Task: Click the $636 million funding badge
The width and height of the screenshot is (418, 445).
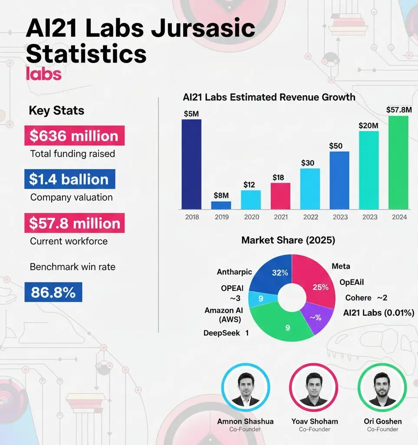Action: [x=74, y=136]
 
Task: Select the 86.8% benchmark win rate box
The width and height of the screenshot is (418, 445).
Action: [x=53, y=292]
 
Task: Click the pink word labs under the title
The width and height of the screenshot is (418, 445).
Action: [x=43, y=74]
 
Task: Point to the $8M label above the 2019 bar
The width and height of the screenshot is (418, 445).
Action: [x=221, y=195]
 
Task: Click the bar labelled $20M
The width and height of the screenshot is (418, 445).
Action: [x=369, y=169]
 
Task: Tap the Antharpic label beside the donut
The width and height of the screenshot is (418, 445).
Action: [x=234, y=272]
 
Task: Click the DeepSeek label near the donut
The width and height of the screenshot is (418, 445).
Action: [x=222, y=333]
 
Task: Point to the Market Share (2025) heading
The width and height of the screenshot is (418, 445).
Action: [x=288, y=240]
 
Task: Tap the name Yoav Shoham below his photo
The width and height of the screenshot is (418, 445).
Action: [x=315, y=421]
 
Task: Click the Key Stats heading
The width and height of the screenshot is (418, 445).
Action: [x=56, y=110]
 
